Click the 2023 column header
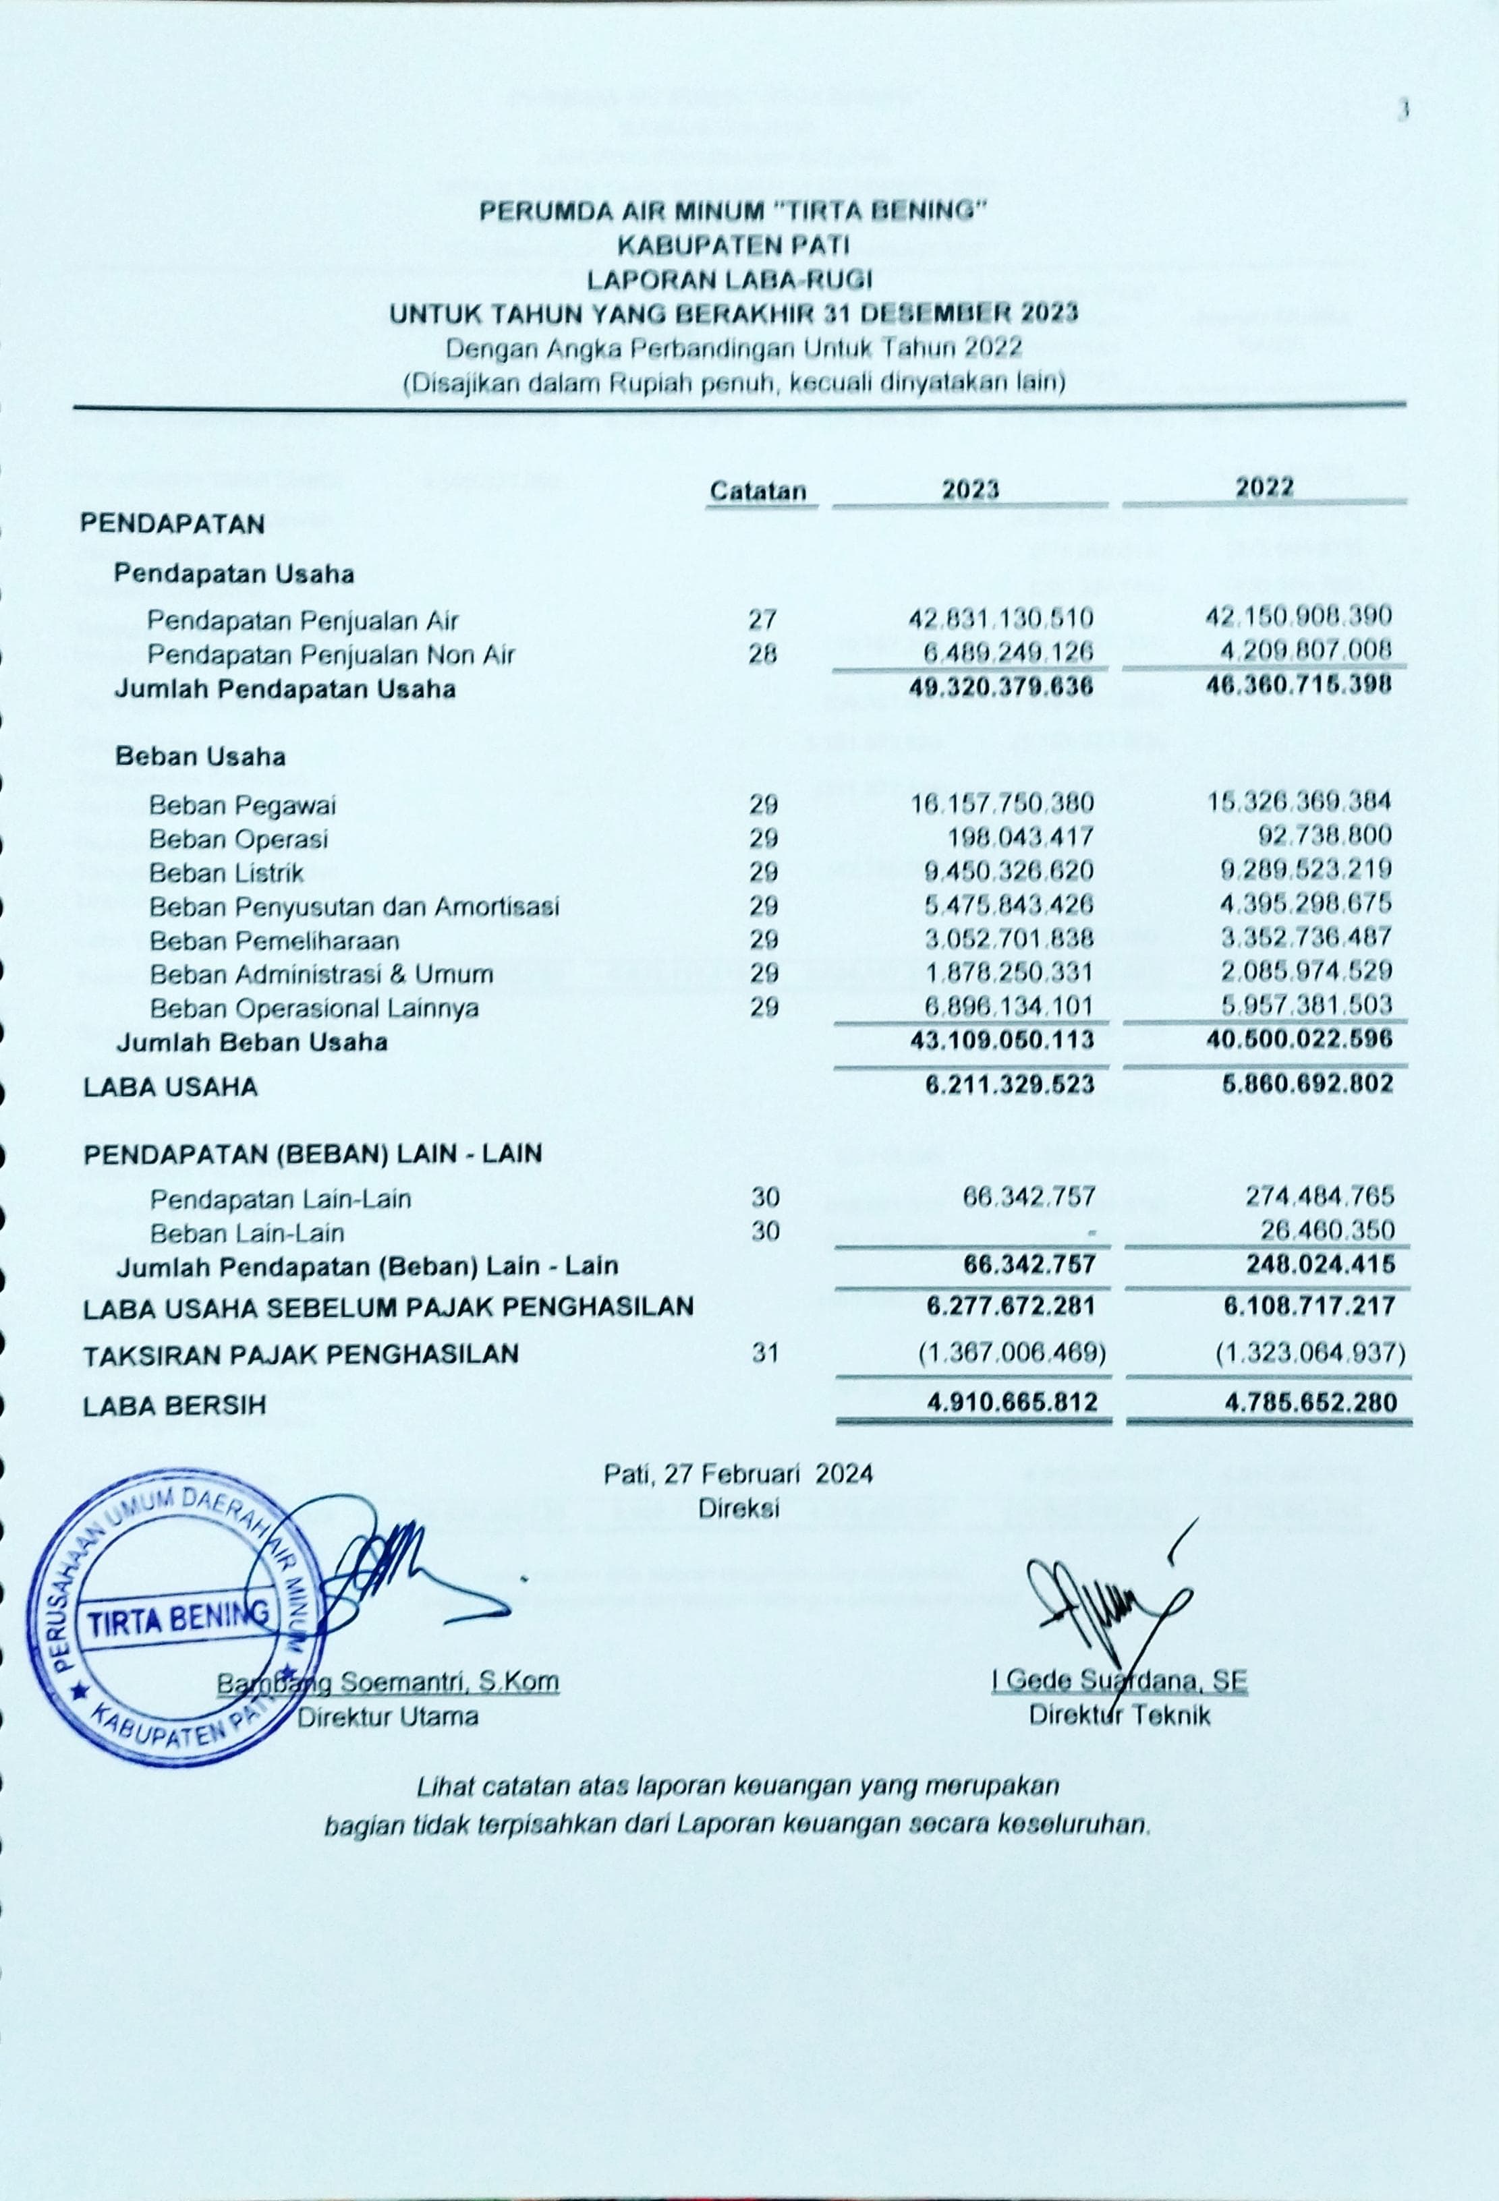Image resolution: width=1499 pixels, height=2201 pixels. (969, 489)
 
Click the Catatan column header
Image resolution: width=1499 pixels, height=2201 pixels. (758, 491)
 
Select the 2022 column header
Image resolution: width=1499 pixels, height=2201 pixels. (1264, 487)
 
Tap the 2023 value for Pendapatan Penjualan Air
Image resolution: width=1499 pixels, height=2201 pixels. (1000, 620)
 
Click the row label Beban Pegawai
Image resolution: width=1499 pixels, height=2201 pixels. (243, 806)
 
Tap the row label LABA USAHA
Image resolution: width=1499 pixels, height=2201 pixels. (171, 1087)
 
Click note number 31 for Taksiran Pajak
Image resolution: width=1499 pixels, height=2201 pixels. (764, 1353)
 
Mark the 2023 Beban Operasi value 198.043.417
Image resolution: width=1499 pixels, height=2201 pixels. (1021, 838)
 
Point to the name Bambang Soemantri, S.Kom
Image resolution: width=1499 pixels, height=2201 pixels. (389, 1683)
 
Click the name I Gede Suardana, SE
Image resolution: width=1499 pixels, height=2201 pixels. (1119, 1681)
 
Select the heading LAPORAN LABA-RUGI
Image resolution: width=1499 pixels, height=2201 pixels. (729, 279)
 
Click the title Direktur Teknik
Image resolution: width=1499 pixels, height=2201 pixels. (1119, 1715)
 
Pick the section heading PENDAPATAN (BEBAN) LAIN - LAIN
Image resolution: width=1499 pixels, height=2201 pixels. (313, 1154)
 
